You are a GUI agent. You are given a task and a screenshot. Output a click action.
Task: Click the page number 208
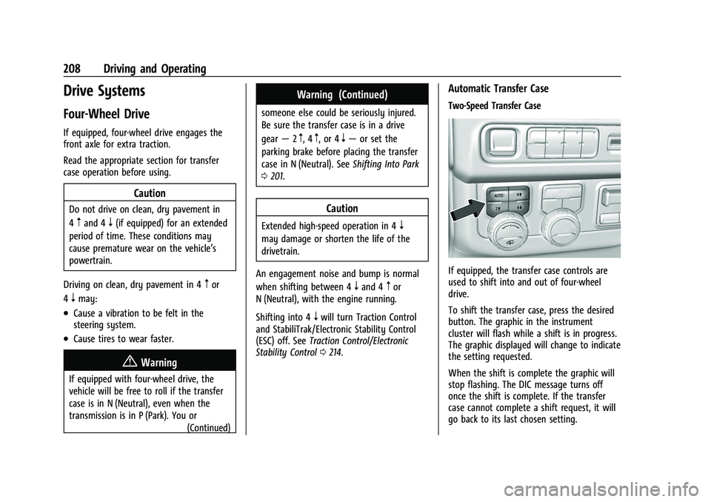[99, 69]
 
